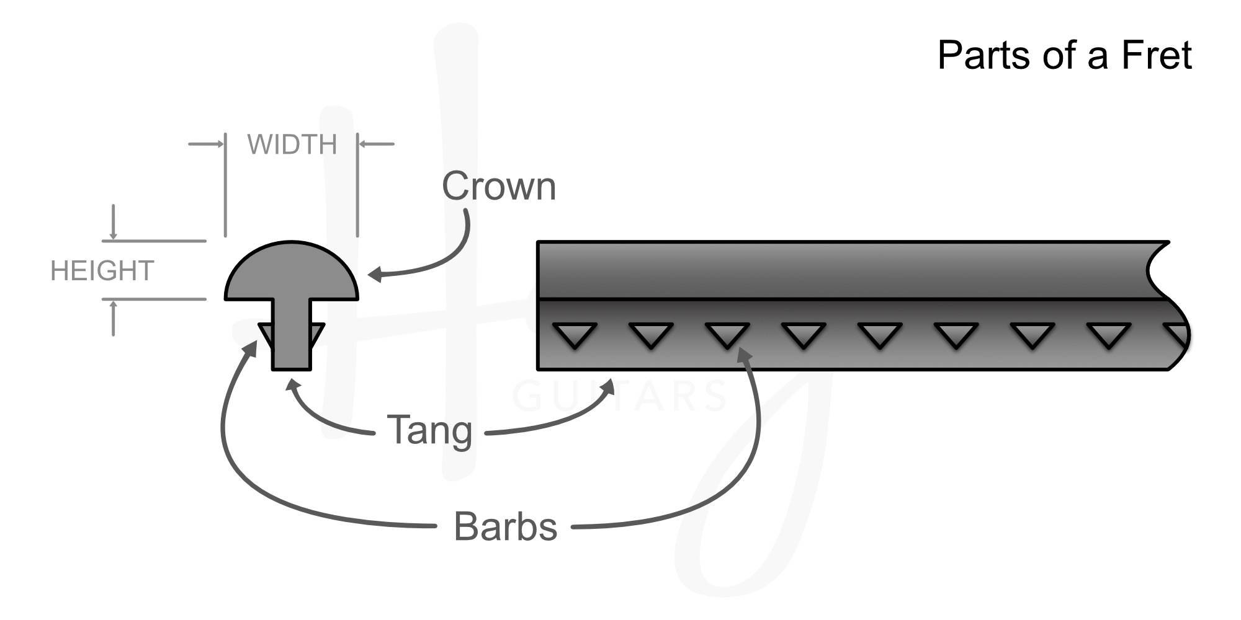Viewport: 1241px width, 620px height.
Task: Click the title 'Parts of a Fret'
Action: click(x=1064, y=55)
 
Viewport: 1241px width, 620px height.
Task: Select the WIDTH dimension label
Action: click(x=292, y=144)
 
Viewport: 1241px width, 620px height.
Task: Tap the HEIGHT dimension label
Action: click(x=102, y=271)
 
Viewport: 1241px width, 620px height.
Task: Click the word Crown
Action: click(x=498, y=186)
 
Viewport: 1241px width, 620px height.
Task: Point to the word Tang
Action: click(x=429, y=430)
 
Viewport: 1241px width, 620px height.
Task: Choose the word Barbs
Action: click(x=505, y=527)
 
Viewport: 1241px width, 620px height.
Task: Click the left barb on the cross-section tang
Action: click(x=266, y=332)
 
